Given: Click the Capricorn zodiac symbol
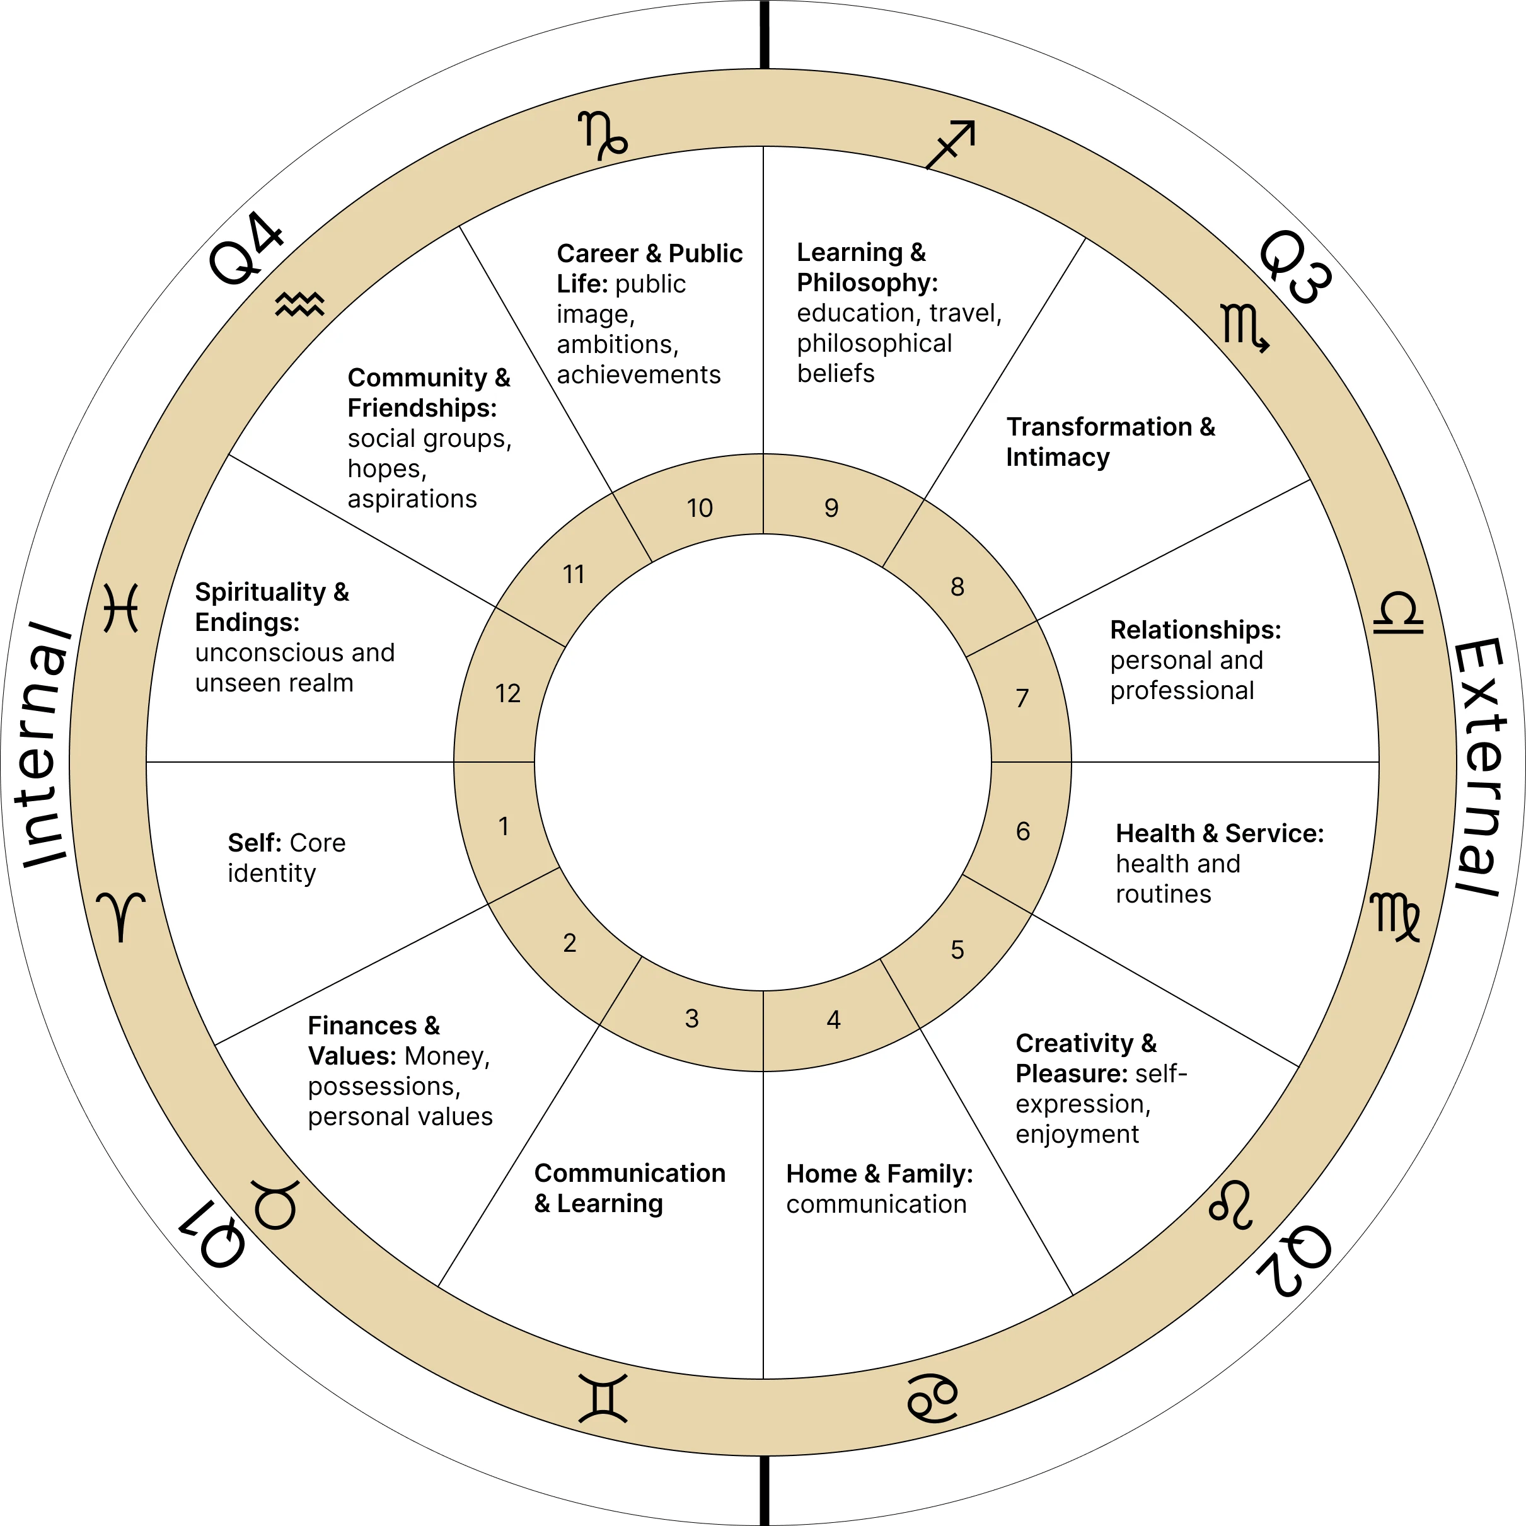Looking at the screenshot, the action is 603,135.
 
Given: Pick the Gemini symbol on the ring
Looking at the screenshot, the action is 603,1399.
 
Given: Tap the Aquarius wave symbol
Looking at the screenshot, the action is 300,303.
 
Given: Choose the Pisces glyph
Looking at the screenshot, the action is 121,608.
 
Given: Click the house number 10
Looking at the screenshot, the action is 700,508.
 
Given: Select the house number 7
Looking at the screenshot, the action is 1022,698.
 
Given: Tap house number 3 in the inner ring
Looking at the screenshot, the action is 692,1019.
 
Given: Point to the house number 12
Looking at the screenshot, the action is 508,693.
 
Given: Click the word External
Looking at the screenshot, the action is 1479,766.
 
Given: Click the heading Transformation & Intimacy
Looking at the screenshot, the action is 1110,441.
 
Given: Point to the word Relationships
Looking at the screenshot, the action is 1195,630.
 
